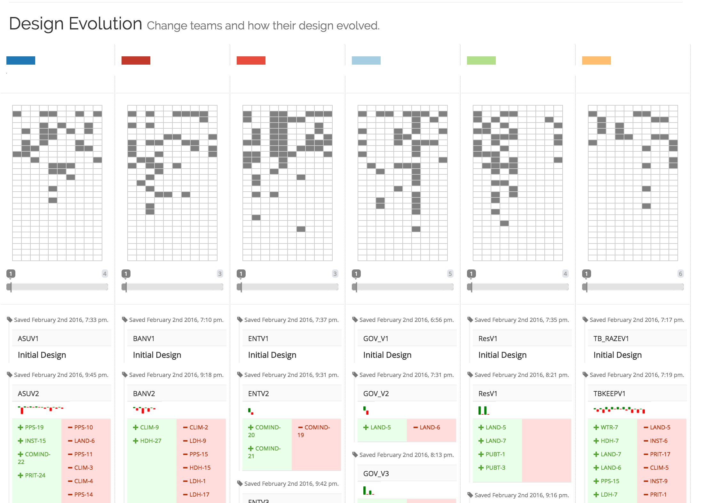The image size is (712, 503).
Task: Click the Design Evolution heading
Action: click(x=75, y=24)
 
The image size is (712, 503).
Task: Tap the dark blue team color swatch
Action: click(x=21, y=60)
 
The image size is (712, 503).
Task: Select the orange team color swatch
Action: click(x=596, y=60)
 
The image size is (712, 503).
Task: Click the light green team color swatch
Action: click(x=481, y=60)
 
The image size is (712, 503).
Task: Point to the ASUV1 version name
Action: click(x=28, y=339)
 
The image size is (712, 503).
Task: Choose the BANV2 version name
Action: click(x=144, y=394)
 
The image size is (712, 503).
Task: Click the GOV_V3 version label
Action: click(x=376, y=474)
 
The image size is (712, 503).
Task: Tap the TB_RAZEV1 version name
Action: click(x=611, y=339)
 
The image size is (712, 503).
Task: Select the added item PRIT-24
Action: click(x=35, y=475)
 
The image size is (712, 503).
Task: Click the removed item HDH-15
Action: click(x=200, y=468)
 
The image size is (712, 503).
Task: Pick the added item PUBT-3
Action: click(x=495, y=468)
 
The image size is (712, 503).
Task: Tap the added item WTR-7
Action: click(x=609, y=427)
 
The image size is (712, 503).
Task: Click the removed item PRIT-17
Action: click(x=660, y=454)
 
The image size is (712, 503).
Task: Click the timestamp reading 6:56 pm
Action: click(x=406, y=320)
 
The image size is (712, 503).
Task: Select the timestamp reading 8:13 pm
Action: click(x=406, y=455)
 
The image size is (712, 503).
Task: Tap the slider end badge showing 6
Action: click(x=680, y=274)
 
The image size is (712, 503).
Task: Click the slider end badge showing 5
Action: click(x=450, y=274)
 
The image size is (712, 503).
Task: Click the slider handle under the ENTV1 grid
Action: click(x=241, y=287)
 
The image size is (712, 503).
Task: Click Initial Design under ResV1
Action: click(x=502, y=355)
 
